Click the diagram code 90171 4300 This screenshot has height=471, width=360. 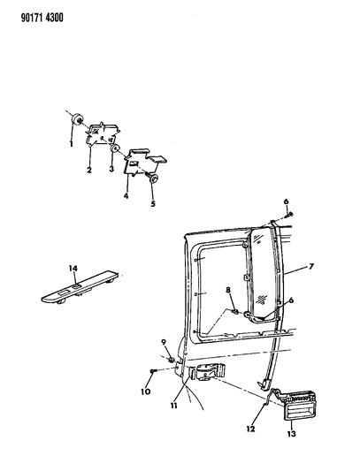pyautogui.click(x=42, y=18)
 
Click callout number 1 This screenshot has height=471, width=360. pyautogui.click(x=72, y=144)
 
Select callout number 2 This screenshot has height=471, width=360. pyautogui.click(x=89, y=170)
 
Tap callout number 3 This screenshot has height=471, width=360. pyautogui.click(x=111, y=169)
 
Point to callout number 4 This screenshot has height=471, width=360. pyautogui.click(x=126, y=196)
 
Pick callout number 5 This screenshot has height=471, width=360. pyautogui.click(x=153, y=204)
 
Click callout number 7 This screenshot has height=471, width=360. pyautogui.click(x=311, y=266)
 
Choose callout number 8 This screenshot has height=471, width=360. pyautogui.click(x=228, y=290)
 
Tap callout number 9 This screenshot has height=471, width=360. pyautogui.click(x=164, y=342)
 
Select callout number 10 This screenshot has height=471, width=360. pyautogui.click(x=146, y=391)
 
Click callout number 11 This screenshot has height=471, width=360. pyautogui.click(x=173, y=406)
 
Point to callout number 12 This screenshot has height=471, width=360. pyautogui.click(x=250, y=429)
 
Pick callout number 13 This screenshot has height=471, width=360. pyautogui.click(x=291, y=434)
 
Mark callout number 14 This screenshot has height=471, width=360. pyautogui.click(x=73, y=268)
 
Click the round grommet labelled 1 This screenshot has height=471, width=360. pyautogui.click(x=78, y=119)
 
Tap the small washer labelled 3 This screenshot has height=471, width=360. pyautogui.click(x=115, y=148)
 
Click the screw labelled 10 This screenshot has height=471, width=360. pyautogui.click(x=153, y=371)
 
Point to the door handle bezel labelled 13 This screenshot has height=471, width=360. pyautogui.click(x=298, y=406)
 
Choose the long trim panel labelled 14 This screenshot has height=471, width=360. pyautogui.click(x=80, y=287)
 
